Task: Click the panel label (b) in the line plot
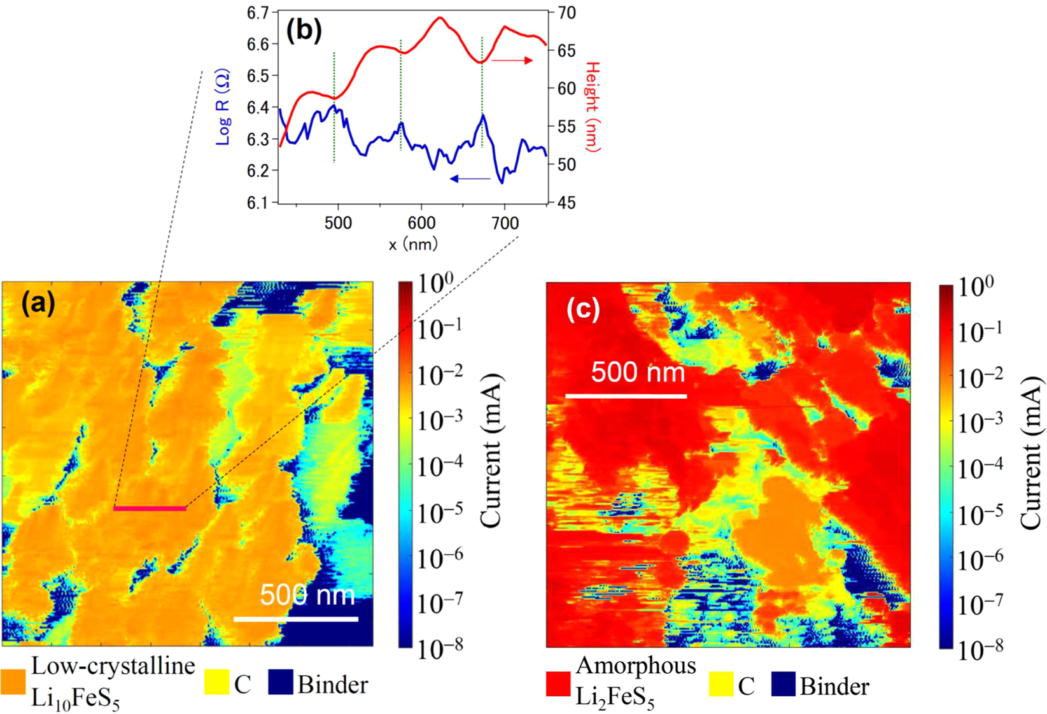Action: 304,30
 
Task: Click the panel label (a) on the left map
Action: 38,303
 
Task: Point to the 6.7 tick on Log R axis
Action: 259,13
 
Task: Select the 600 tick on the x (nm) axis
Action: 421,223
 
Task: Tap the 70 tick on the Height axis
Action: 566,13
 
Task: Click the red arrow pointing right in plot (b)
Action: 512,60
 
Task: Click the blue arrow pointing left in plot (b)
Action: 470,179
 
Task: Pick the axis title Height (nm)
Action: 593,106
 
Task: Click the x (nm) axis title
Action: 413,244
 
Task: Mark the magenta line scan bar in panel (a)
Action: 150,508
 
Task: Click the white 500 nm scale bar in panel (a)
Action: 295,618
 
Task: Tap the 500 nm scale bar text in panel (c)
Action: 638,372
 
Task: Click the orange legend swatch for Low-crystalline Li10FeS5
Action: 13,682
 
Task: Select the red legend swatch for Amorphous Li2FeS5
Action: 558,684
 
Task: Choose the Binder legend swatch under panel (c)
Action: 783,684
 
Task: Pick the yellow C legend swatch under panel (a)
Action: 216,682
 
